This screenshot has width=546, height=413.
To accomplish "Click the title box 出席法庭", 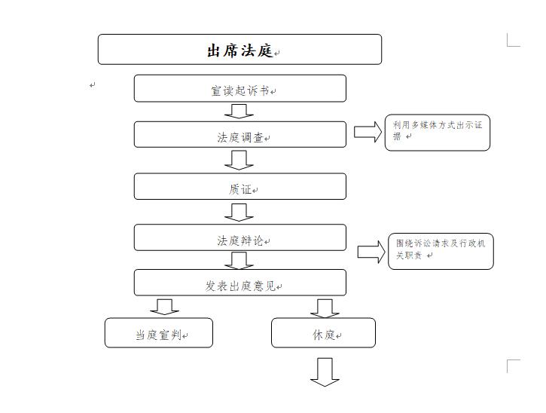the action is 239,49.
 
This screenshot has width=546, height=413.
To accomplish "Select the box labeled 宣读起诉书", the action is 240,88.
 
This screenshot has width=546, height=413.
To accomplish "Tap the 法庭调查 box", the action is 240,134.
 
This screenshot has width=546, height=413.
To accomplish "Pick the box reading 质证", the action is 240,186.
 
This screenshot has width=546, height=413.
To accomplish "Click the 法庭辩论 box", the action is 240,237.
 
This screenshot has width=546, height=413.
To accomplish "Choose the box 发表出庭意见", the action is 240,283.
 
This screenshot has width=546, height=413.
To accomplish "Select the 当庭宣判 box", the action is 159,332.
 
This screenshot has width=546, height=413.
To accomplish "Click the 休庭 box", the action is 324,332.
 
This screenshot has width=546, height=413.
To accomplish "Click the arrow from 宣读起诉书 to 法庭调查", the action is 239,112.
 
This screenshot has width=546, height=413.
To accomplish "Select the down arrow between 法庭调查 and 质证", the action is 239,160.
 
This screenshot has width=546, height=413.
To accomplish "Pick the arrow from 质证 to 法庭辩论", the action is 239,213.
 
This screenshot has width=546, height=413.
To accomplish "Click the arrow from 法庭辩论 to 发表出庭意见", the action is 239,260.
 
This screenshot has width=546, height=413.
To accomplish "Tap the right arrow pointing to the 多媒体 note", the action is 368,132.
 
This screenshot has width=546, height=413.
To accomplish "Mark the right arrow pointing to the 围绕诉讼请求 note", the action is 371,252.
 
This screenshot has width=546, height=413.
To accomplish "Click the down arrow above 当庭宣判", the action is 165,307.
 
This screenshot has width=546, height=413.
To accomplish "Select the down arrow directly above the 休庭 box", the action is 325,308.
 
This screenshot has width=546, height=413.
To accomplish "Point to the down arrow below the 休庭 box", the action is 325,372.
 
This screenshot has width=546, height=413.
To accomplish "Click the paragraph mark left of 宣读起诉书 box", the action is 93,84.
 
